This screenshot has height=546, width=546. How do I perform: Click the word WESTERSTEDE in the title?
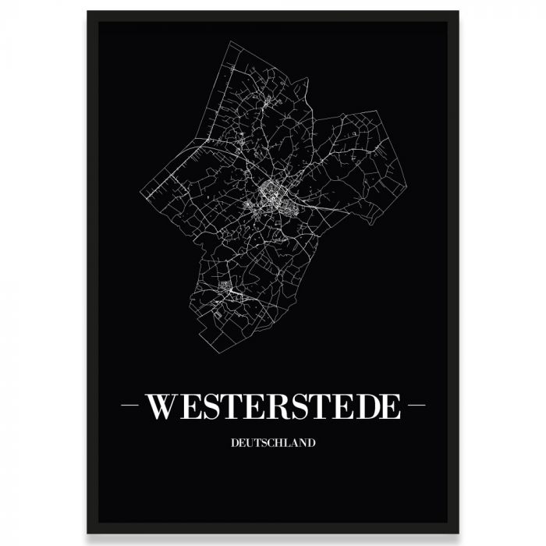click(273, 406)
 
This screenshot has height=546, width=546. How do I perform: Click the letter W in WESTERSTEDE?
click(161, 406)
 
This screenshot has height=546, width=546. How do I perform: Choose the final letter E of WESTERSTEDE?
click(389, 406)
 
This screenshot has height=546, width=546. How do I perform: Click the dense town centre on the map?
click(268, 191)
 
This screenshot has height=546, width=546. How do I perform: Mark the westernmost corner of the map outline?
click(140, 192)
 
